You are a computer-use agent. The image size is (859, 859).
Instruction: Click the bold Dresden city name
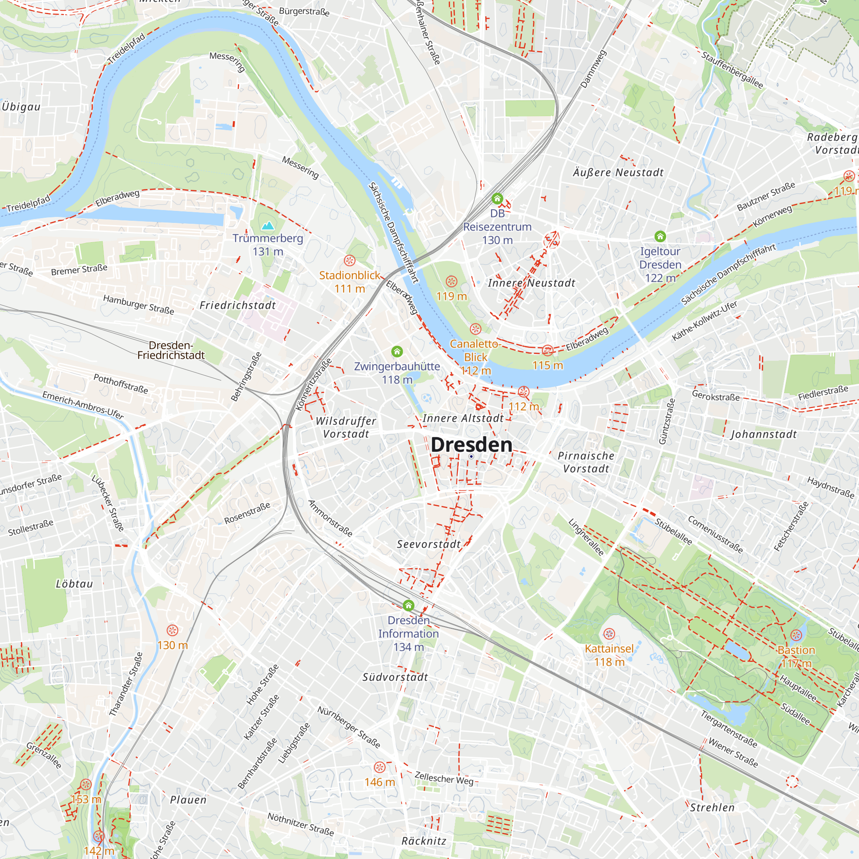471,445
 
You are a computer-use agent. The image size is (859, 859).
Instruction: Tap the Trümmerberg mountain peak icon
268,226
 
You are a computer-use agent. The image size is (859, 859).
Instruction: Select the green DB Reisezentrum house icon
497,198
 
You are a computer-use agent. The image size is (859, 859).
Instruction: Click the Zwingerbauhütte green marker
397,352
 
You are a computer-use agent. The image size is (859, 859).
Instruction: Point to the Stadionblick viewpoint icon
350,261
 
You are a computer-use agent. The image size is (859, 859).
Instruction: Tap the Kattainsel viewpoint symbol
609,634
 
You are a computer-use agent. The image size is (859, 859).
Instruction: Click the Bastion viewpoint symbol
796,635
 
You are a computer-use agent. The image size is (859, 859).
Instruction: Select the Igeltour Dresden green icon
660,236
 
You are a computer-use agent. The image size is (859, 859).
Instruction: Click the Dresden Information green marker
408,605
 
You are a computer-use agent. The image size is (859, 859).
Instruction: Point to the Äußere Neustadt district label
618,173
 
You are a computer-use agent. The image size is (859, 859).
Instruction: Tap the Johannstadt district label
764,434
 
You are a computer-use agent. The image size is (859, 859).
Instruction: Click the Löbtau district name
74,584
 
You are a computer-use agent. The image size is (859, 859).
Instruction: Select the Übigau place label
21,107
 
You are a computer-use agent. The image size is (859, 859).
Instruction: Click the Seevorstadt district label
429,544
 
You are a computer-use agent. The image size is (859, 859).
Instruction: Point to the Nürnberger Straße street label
349,727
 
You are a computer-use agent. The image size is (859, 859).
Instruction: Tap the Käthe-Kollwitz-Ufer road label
704,321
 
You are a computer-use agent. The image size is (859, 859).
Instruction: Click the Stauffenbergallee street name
732,70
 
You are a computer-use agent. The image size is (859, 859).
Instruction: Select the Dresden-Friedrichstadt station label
171,350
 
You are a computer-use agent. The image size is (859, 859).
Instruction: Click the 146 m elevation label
379,782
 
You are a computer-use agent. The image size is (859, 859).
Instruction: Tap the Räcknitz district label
424,841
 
